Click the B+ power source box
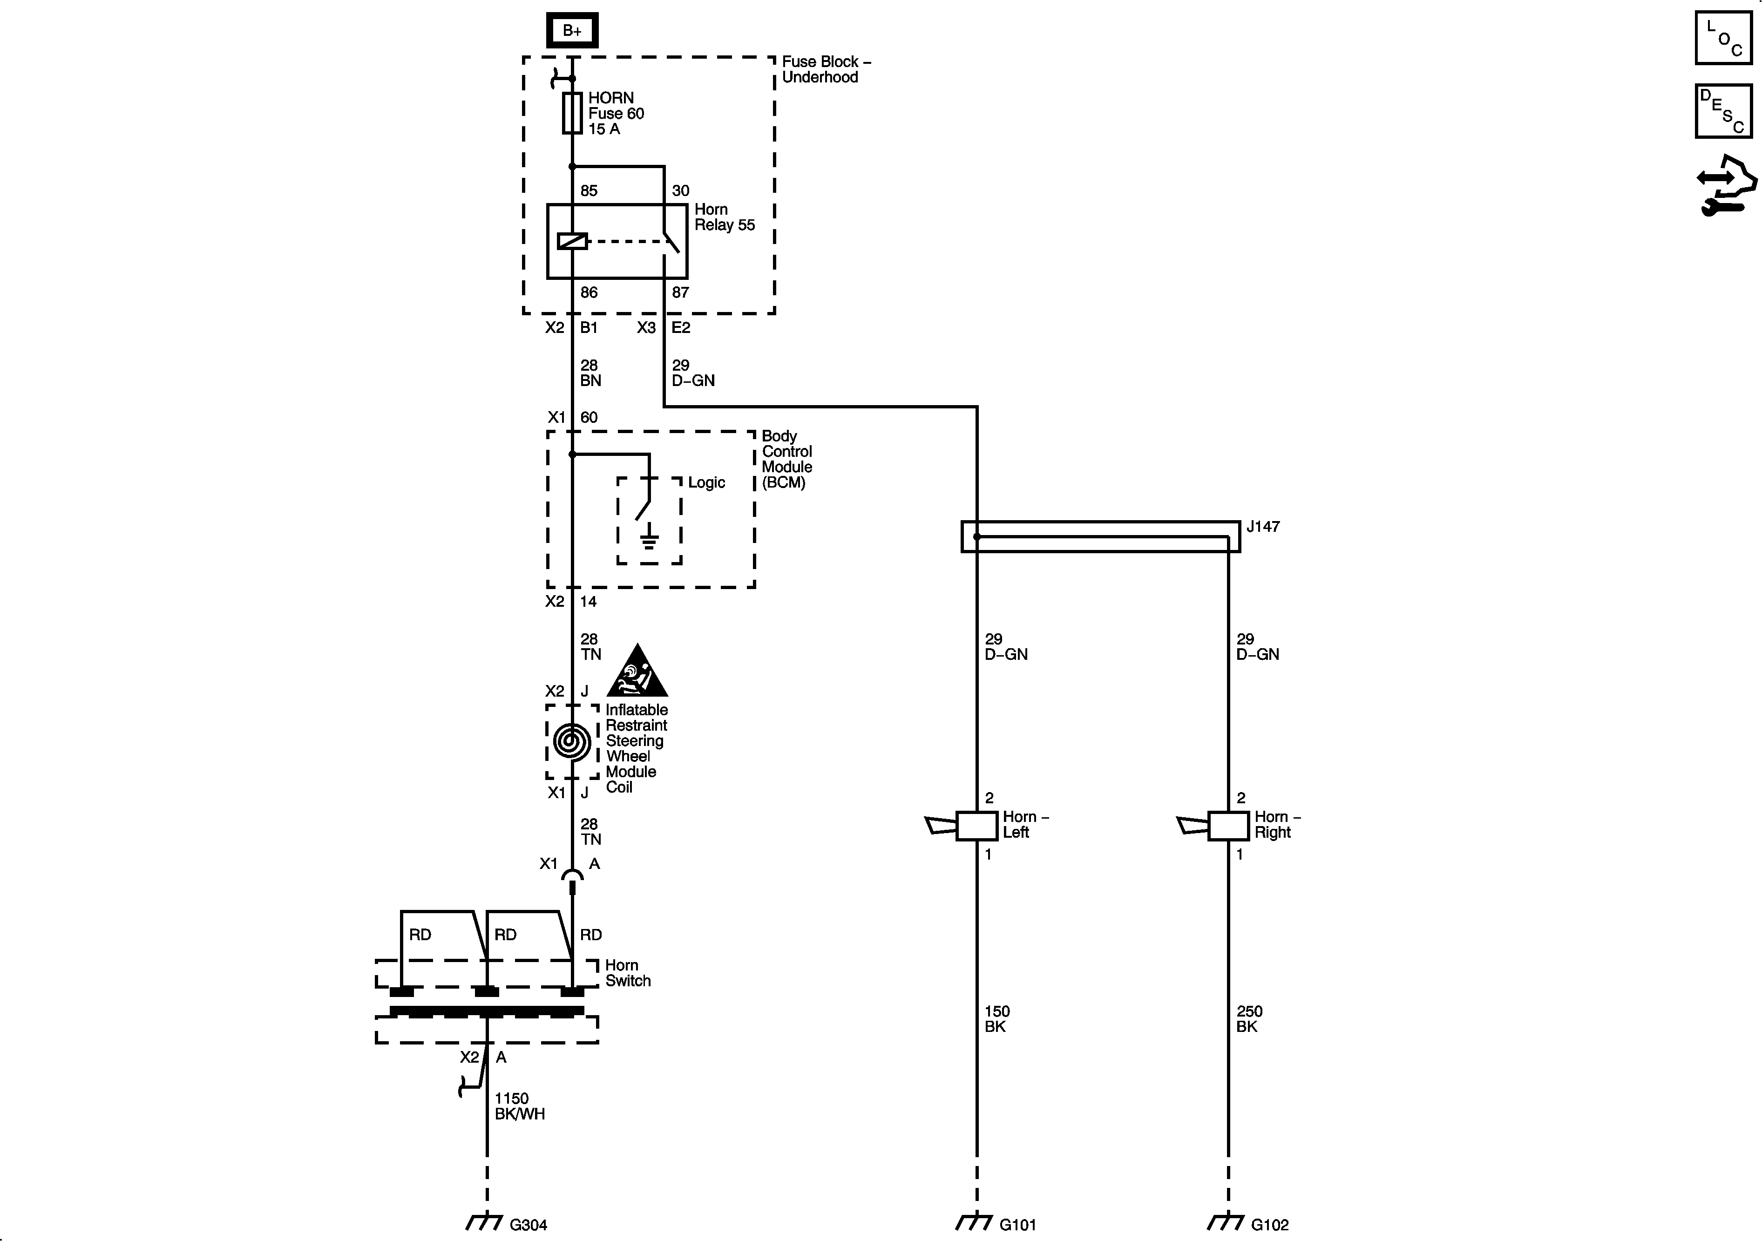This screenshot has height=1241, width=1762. coord(572,31)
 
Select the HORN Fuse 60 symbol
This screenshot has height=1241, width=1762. coord(572,114)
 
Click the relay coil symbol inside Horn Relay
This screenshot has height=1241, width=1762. coord(572,242)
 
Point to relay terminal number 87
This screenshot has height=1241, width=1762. coord(680,292)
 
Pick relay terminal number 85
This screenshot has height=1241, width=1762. coord(589,190)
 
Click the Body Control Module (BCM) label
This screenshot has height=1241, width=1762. coord(786,459)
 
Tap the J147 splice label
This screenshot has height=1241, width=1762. coord(1262,527)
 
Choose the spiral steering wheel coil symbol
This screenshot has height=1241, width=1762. coord(572,741)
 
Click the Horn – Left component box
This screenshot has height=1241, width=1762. coord(976,826)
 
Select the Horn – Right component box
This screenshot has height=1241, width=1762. coord(1228,826)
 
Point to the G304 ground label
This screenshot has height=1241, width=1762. coord(528,1225)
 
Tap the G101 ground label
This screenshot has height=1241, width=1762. coord(1017,1225)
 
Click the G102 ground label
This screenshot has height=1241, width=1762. coord(1269,1225)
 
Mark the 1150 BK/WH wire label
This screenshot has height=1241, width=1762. coord(520,1106)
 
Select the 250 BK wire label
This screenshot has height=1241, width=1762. coord(1248,1019)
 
